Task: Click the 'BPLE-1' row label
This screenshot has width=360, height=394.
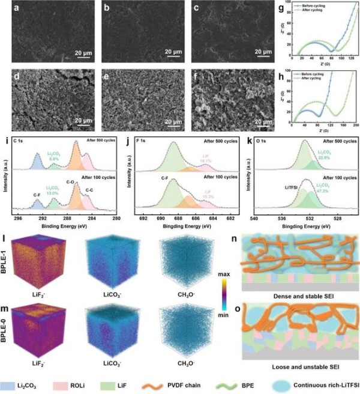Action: pyautogui.click(x=6, y=258)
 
